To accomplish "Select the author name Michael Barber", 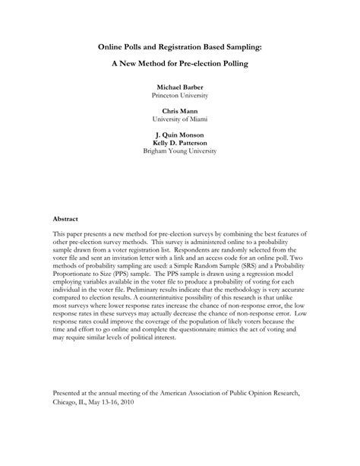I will (x=180, y=88).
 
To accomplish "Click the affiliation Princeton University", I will (x=180, y=97).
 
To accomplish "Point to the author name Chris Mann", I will (x=180, y=113).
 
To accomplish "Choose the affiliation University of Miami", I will (x=180, y=121).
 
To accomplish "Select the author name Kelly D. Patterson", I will (x=180, y=144).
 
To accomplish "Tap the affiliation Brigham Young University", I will (x=180, y=152).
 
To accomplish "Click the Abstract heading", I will (x=67, y=217).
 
